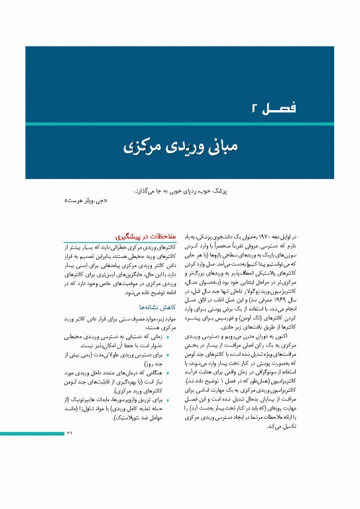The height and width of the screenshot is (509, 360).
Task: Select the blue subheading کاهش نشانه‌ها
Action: pyautogui.click(x=157, y=307)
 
